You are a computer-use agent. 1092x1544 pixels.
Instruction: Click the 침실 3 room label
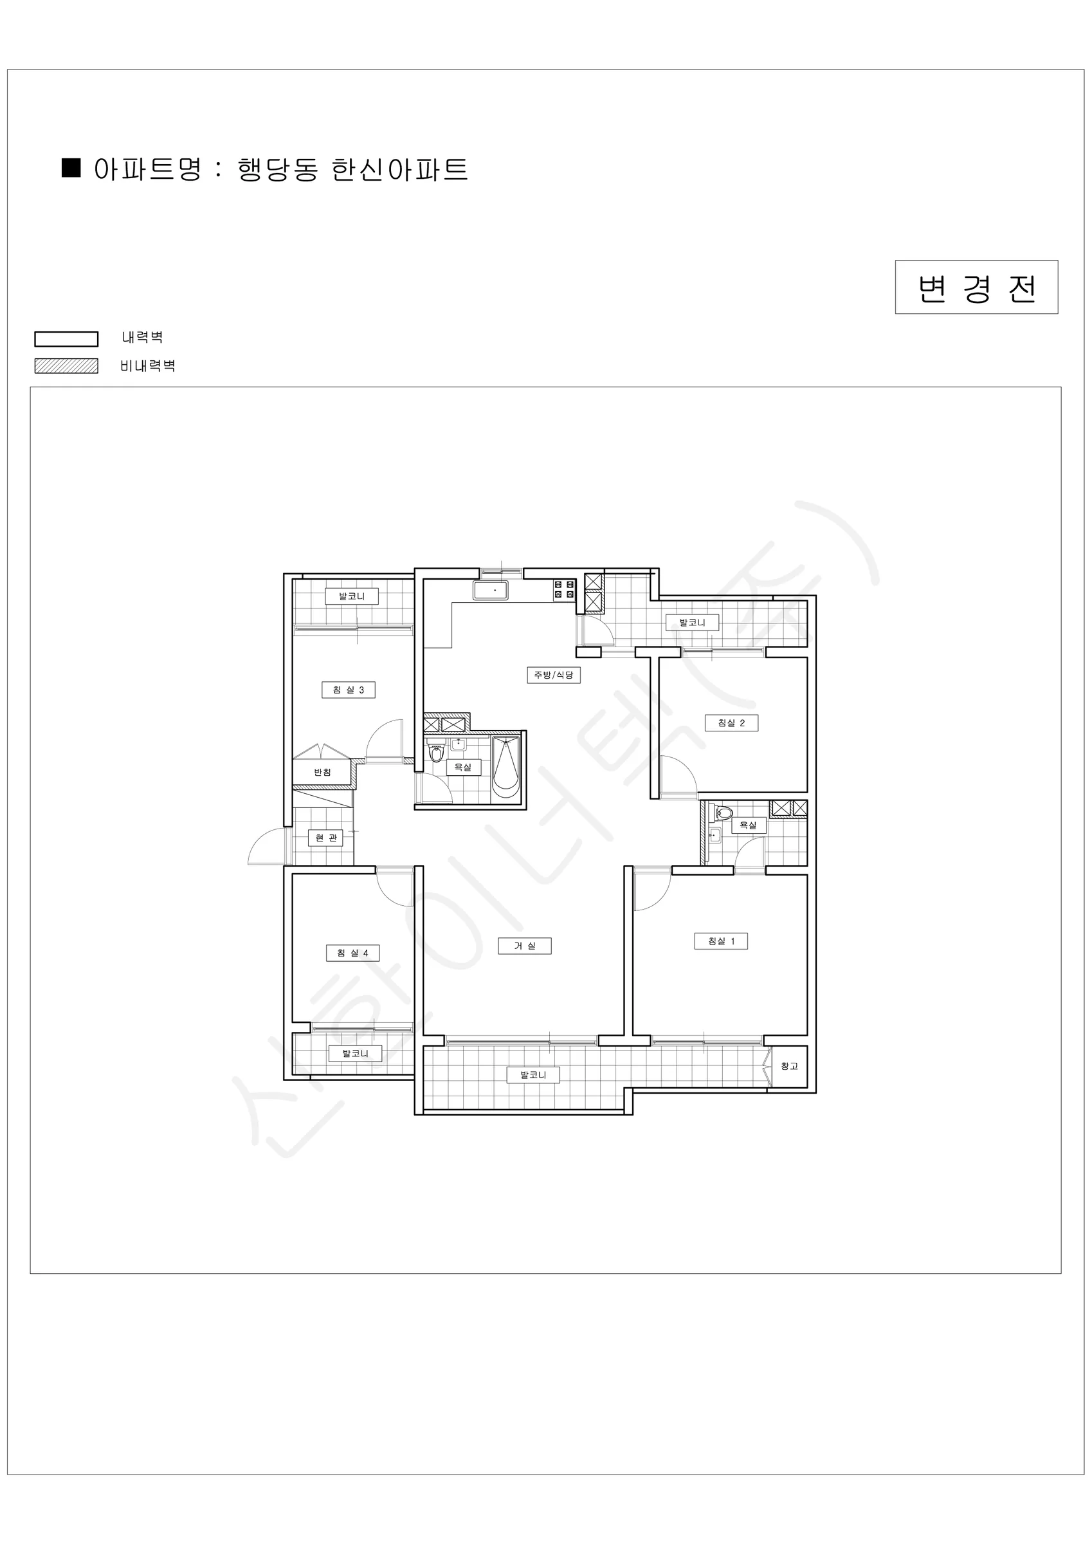(x=349, y=690)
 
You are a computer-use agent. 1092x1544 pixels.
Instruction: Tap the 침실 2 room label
(x=731, y=723)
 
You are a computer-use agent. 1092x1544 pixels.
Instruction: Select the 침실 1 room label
(x=721, y=941)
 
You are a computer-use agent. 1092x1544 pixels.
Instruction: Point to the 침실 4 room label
(x=352, y=953)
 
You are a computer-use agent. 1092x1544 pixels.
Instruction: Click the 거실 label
(x=525, y=946)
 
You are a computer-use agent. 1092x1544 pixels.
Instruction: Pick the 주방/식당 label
(x=554, y=675)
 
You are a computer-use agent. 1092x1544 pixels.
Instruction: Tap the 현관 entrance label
(x=325, y=838)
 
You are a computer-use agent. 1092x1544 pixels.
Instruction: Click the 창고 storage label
(x=788, y=1066)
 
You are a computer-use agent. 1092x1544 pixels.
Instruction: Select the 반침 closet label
(x=322, y=772)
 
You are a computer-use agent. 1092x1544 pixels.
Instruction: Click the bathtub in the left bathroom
(x=506, y=769)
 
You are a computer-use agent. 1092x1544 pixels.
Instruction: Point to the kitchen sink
(x=491, y=591)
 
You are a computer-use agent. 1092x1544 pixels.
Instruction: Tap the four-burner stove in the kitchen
(x=564, y=590)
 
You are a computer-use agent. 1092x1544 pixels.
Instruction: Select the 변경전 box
(x=976, y=287)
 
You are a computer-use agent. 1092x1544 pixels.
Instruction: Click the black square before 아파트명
(x=71, y=167)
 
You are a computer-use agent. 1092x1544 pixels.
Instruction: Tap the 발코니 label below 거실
(x=533, y=1074)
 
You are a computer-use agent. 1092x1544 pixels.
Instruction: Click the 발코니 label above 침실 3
(x=352, y=596)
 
